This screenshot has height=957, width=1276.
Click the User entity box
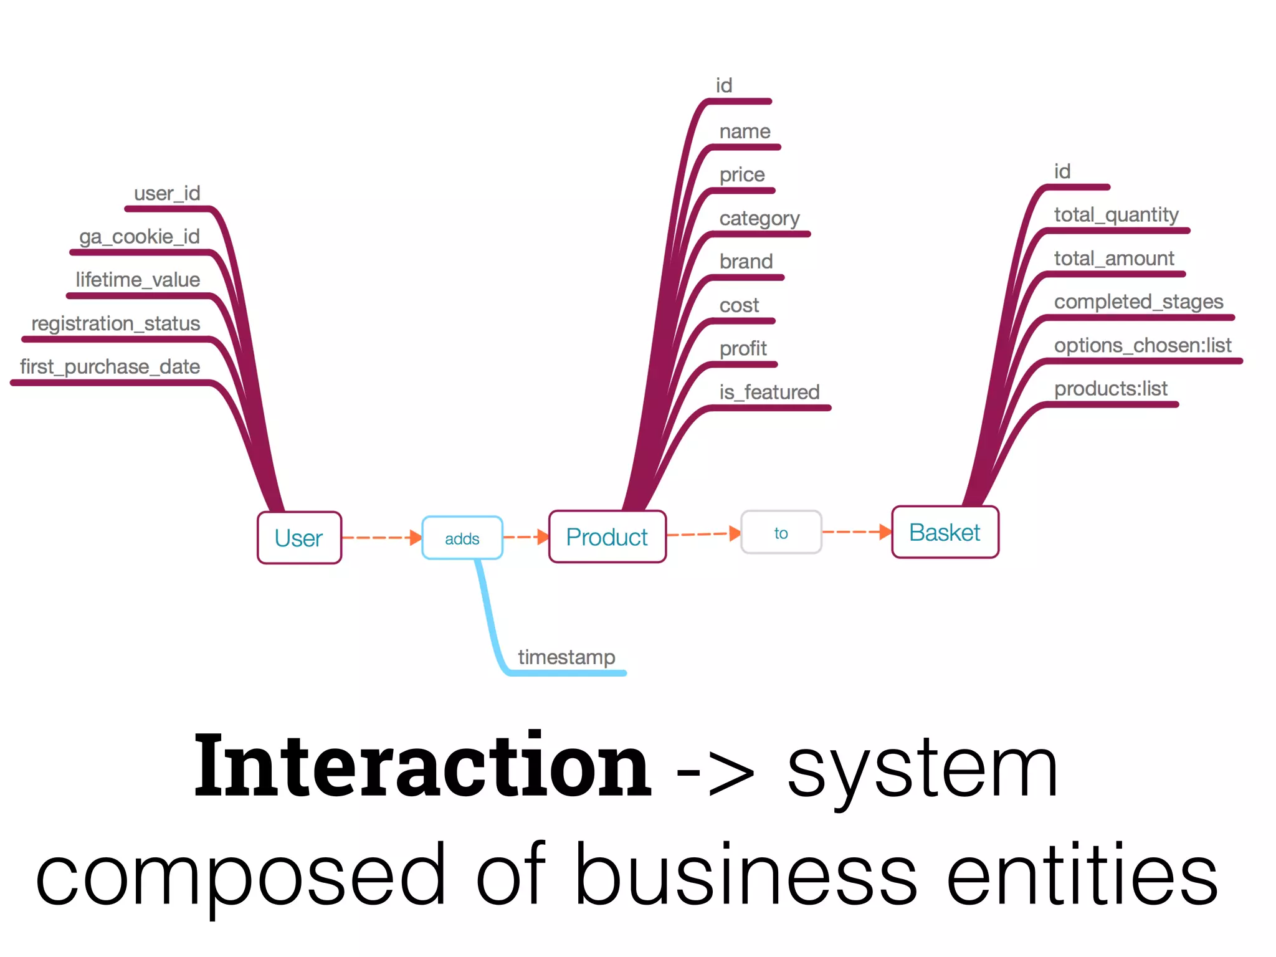(299, 538)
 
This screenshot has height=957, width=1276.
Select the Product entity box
(607, 536)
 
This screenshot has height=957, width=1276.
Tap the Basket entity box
(945, 532)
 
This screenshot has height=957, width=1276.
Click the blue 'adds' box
(462, 538)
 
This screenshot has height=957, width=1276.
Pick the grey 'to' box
(781, 532)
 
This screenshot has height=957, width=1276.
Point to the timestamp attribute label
(566, 657)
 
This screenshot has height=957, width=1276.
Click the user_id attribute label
(167, 193)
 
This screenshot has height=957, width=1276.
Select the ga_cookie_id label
(139, 237)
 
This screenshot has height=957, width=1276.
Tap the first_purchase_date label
(110, 366)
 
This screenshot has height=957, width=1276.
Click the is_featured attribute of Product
(769, 392)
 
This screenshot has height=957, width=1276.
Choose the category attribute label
(759, 218)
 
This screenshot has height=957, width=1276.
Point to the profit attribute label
(743, 348)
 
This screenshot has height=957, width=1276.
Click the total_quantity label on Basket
(1116, 215)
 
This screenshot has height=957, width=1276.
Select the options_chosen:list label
(1142, 345)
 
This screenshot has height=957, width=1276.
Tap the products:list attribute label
(1110, 389)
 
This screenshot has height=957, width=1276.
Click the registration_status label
(115, 323)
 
